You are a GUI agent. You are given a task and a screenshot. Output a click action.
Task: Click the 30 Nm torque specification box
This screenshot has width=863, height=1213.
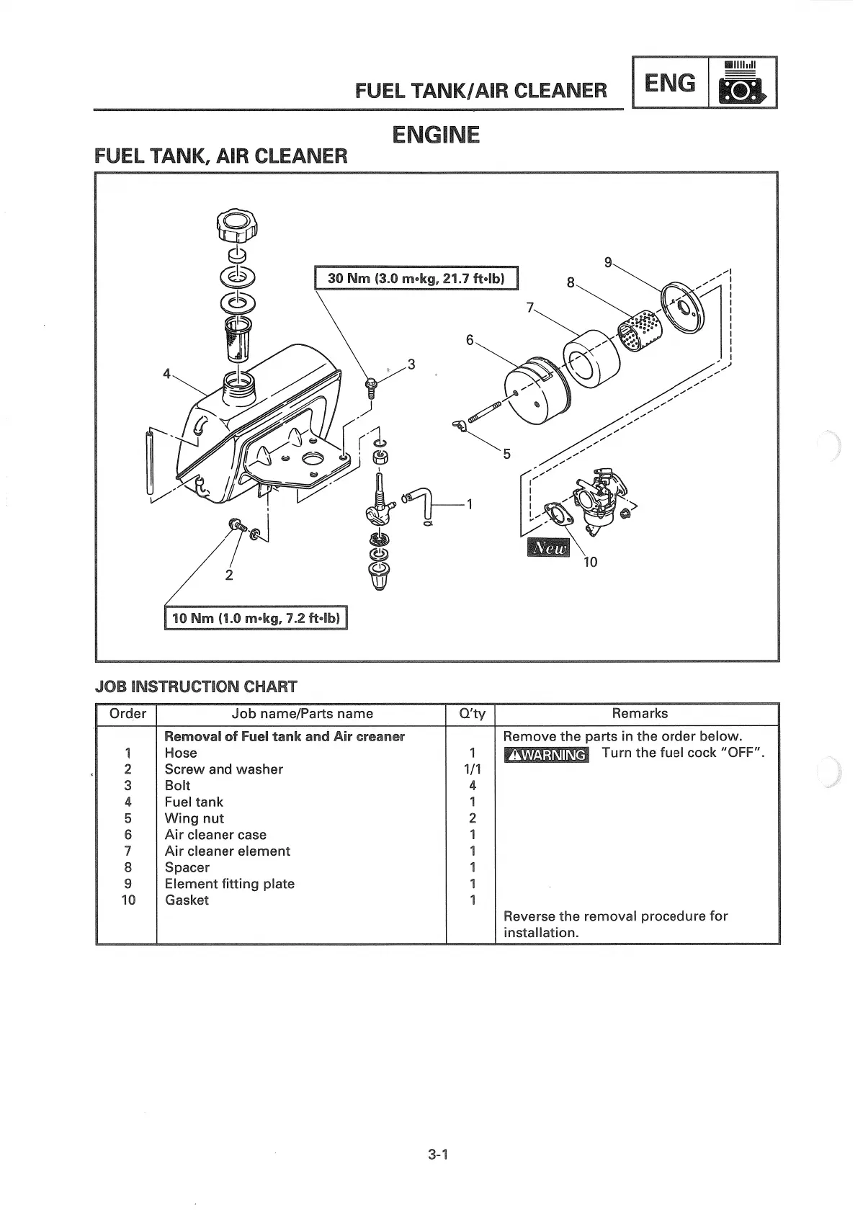(x=417, y=278)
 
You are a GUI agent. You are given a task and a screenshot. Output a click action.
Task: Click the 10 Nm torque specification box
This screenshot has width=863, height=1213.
(x=256, y=618)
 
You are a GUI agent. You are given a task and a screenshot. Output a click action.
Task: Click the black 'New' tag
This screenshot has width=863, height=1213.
(x=550, y=547)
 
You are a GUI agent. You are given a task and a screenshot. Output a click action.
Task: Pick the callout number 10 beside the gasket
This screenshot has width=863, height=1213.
(x=590, y=562)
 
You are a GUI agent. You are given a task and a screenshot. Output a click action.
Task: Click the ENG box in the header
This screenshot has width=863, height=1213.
(x=670, y=83)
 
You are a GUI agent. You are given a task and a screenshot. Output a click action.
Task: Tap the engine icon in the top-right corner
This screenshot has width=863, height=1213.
(x=742, y=84)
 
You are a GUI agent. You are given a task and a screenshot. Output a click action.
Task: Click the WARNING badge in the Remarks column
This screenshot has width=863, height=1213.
(x=546, y=754)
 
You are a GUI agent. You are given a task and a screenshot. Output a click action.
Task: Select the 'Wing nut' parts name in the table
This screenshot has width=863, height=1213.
(x=194, y=818)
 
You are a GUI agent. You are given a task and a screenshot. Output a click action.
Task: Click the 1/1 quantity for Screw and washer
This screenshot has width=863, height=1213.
(x=472, y=769)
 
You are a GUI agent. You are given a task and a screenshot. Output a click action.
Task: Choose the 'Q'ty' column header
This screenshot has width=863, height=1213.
(x=472, y=714)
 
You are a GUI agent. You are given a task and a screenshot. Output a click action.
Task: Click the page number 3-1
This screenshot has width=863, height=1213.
(x=438, y=1155)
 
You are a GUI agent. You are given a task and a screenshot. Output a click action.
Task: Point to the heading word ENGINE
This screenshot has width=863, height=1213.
(x=435, y=135)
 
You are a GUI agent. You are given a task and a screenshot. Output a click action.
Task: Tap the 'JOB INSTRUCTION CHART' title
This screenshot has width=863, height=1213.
(x=196, y=686)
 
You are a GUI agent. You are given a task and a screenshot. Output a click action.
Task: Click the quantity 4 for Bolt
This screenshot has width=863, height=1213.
(x=472, y=786)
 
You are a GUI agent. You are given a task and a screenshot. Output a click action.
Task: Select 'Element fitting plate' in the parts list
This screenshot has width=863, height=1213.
(x=229, y=884)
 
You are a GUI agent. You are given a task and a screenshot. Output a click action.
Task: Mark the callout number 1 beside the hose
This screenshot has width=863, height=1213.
(x=470, y=504)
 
